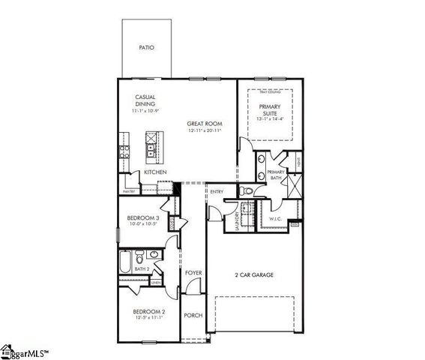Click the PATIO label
[x=146, y=48]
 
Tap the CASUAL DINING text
[x=145, y=100]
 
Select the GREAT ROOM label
[x=204, y=124]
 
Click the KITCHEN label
[x=155, y=172]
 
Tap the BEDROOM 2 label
[x=148, y=311]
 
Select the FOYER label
[x=193, y=273]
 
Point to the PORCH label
[x=193, y=316]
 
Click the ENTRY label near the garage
[x=217, y=192]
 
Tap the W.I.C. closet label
[x=275, y=219]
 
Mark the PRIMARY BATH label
[x=278, y=175]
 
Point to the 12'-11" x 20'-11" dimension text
[x=203, y=131]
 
